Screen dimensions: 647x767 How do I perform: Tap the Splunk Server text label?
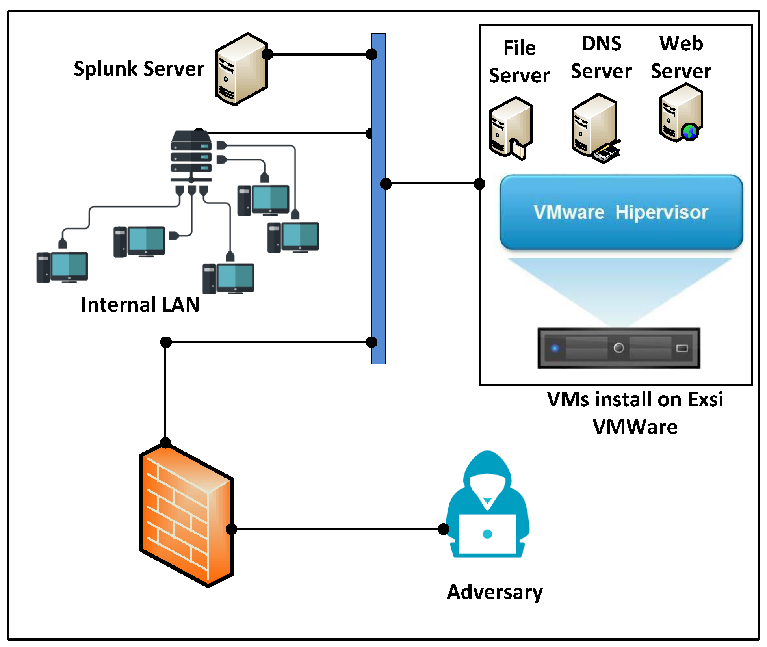point(139,69)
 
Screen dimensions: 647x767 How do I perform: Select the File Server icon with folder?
point(511,128)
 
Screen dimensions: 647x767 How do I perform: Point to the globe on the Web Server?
point(690,132)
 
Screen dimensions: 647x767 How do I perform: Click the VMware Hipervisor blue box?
point(621,212)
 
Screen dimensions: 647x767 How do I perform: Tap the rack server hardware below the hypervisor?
point(618,348)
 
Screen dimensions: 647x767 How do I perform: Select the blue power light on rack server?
point(555,348)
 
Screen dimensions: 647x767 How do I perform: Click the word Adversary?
point(495,592)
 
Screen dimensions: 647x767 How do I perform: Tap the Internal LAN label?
point(140,305)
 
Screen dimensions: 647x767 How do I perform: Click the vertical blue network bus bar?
point(378,236)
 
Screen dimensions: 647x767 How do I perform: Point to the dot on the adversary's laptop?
point(487,534)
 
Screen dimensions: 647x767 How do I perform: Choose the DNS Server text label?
point(602,58)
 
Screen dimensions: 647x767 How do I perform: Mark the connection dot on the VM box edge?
point(479,184)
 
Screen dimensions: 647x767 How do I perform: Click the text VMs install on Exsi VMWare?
point(635,413)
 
